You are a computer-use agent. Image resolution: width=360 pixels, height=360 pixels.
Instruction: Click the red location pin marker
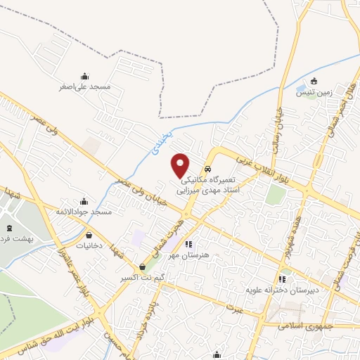coord(181,165)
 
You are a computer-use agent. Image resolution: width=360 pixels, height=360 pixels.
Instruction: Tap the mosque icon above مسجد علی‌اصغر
coord(85,76)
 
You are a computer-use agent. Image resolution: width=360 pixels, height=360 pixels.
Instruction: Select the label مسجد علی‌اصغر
coord(85,88)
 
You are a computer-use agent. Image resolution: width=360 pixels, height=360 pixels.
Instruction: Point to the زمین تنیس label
coord(314,93)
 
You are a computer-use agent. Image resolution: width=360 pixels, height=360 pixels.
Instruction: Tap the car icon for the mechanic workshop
coord(208,170)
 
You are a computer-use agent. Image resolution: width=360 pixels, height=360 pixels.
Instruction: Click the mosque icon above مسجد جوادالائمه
coord(86,200)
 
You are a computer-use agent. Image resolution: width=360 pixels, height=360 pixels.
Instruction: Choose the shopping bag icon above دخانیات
coord(89,236)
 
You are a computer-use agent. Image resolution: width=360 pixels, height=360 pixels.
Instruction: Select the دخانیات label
coord(89,247)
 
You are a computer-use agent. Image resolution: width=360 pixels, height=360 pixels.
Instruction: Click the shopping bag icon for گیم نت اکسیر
coord(143,267)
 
